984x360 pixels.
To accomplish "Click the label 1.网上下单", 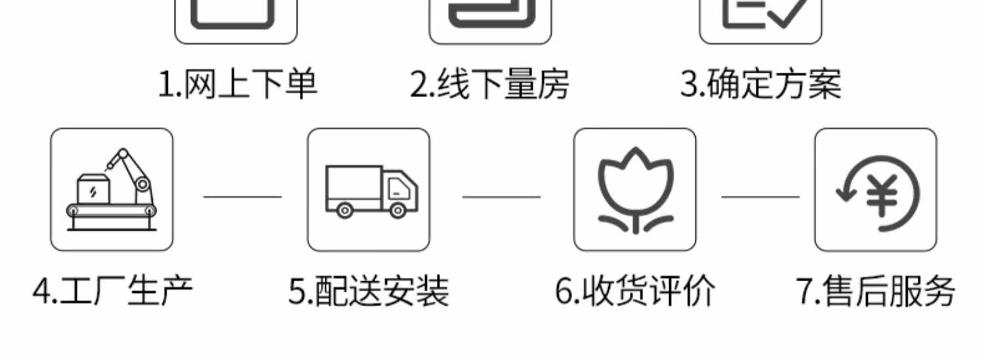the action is pyautogui.click(x=238, y=85).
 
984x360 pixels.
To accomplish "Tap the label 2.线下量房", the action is pyautogui.click(x=489, y=85).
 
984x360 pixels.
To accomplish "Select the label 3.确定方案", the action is pyautogui.click(x=760, y=85).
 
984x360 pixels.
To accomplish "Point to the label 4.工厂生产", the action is pyautogui.click(x=113, y=290).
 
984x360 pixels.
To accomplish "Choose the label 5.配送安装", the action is pyautogui.click(x=369, y=290).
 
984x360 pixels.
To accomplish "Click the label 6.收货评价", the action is pyautogui.click(x=635, y=290).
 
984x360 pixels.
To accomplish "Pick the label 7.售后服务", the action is pyautogui.click(x=876, y=290).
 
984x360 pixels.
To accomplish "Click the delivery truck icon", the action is pyautogui.click(x=371, y=190).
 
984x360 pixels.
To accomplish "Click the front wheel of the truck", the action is pyautogui.click(x=398, y=210).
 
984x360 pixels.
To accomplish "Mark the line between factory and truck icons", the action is pyautogui.click(x=242, y=196).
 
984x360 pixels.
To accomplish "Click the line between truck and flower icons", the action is pyautogui.click(x=501, y=196).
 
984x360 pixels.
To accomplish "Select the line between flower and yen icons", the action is pyautogui.click(x=760, y=196).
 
